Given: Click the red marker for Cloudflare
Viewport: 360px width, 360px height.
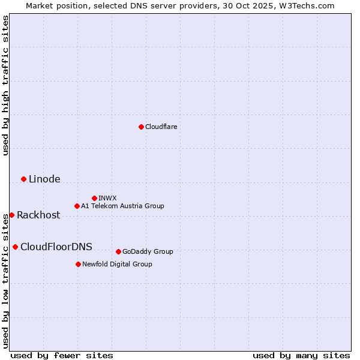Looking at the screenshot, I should coord(141,127).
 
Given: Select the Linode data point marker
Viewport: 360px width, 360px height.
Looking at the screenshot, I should coord(23,179).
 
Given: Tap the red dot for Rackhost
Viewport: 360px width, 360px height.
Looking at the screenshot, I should coord(11,215).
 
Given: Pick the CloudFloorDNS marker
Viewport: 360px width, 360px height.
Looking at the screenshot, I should coord(15,247).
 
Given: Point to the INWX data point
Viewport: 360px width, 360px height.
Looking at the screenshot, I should coord(94,198).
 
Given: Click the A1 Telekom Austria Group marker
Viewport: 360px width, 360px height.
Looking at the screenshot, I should coord(77,206).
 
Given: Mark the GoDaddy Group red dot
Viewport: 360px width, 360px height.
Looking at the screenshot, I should coord(118,251).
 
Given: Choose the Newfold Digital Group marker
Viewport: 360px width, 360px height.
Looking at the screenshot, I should coord(78,264).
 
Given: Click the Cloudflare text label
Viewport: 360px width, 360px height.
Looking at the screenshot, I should coord(161,127).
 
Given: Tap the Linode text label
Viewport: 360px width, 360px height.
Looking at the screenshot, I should coord(44,179).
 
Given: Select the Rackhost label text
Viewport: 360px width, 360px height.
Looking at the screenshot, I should coord(38,215).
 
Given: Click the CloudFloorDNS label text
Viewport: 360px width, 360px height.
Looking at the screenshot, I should coord(56,247).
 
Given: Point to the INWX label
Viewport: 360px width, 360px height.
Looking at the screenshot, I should coord(107,198).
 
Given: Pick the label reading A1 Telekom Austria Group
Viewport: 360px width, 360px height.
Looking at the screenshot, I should coord(122,206).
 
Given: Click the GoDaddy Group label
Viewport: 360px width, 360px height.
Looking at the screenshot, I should coord(148,251).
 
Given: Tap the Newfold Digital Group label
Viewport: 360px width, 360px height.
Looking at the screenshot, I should coord(117,264).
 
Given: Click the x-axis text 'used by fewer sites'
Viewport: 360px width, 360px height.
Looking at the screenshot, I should coord(62,355).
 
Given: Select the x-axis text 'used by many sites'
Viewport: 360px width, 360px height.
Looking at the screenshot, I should coord(301,355).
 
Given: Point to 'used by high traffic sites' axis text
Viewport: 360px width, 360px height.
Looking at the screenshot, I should coord(5,85).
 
